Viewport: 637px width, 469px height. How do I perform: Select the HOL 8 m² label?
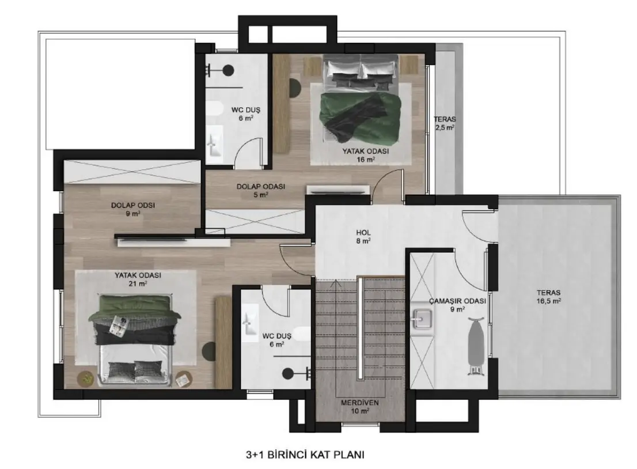pos(363,237)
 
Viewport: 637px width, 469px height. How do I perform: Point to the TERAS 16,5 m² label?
pos(548,297)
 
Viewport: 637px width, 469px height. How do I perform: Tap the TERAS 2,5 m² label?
pos(445,123)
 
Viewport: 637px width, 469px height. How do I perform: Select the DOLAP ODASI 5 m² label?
pos(261,191)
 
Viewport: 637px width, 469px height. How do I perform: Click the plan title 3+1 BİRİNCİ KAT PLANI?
pos(305,455)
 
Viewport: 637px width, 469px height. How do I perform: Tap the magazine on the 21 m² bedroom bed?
pos(119,325)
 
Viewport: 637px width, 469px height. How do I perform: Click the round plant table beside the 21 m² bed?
pos(86,379)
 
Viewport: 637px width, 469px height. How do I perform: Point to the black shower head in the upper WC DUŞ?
pos(228,71)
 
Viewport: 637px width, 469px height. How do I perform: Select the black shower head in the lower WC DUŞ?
pos(289,373)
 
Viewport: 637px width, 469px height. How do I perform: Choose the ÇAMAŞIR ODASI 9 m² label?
pos(457,305)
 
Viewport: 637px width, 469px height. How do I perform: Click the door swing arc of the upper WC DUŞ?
pos(248,147)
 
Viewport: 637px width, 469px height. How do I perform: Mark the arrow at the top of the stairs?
pos(336,283)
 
